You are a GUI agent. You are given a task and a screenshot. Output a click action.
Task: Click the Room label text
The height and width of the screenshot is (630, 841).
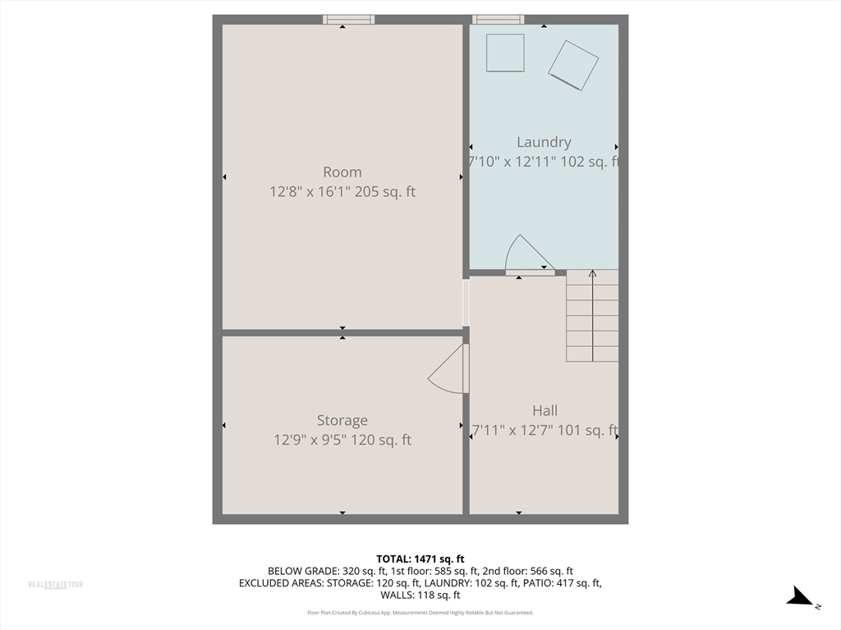pos(342,172)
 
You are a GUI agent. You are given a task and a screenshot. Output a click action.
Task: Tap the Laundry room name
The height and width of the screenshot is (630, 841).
pos(544,142)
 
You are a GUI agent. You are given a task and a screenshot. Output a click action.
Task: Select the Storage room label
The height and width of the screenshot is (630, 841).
pos(342,421)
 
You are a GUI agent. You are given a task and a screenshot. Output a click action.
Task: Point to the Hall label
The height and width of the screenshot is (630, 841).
pos(545,411)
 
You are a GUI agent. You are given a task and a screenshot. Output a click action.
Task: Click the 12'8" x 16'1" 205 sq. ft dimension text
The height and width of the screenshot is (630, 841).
pos(342,192)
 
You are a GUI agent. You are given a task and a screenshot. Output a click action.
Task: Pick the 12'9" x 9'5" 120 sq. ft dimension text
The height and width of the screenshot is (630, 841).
pos(342,441)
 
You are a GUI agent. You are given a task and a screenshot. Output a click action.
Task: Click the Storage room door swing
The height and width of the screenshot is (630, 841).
pos(447,369)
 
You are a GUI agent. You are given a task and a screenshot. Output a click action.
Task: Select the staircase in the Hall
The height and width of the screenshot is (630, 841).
pos(592,316)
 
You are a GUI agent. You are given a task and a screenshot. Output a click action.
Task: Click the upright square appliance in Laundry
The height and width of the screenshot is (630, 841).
pos(505,52)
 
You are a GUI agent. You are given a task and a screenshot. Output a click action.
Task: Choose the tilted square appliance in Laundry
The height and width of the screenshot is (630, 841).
pos(573,64)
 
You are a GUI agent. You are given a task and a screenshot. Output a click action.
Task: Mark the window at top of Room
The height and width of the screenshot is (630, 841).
pos(348,20)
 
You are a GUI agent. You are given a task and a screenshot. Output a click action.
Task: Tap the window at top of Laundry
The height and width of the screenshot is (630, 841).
pos(499,20)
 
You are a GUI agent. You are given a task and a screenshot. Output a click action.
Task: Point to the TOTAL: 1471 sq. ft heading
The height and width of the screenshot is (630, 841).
pos(420,559)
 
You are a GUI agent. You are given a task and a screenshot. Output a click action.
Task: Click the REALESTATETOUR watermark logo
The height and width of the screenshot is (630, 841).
pos(56,585)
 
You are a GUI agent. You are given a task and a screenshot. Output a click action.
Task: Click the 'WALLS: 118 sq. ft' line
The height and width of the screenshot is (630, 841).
pos(420,596)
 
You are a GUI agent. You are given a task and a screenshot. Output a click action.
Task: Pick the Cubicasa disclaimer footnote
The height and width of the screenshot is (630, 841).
pos(420,613)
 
